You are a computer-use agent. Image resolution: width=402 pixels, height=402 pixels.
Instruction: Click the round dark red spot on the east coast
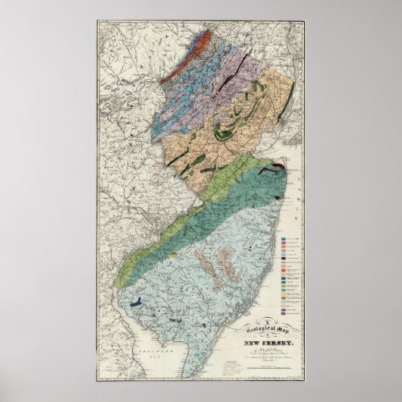(x=278, y=199)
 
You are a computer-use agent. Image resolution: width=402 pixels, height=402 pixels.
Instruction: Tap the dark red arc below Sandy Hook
(x=279, y=168)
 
